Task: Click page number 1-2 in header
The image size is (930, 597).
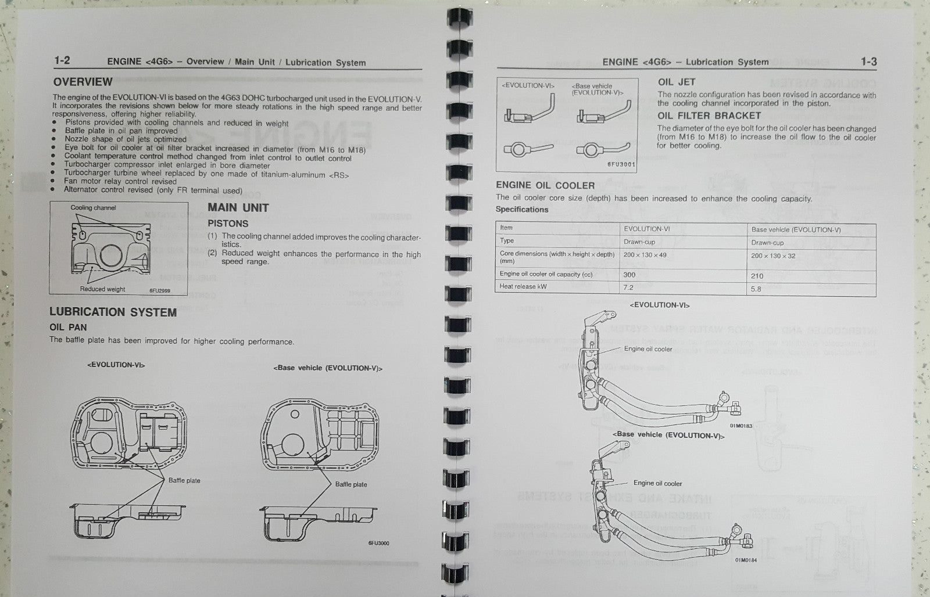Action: tap(62, 60)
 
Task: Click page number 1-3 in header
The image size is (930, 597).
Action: tap(868, 62)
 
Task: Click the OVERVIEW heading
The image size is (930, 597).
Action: tap(83, 82)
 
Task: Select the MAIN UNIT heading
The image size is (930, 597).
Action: tap(238, 207)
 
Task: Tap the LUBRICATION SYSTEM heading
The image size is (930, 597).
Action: tap(113, 312)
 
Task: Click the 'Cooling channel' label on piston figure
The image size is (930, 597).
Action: tap(93, 208)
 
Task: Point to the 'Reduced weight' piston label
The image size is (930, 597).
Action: tap(102, 289)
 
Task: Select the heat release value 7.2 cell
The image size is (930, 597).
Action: tap(628, 287)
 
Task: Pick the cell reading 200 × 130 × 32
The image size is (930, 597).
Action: tap(773, 256)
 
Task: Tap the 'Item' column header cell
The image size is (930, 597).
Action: tap(506, 228)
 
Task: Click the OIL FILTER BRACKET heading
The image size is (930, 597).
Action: tap(709, 116)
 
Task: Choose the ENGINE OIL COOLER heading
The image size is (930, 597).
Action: tap(545, 185)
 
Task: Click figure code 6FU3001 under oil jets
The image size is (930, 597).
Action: tap(621, 164)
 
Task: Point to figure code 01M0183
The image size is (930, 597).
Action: tap(741, 426)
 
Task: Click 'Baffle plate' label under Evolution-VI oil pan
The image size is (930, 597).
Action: tap(184, 480)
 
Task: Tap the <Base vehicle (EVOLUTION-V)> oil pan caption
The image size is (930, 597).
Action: tap(328, 368)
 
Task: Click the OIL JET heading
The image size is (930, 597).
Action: tap(677, 82)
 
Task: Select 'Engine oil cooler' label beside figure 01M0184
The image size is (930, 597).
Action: tap(657, 483)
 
